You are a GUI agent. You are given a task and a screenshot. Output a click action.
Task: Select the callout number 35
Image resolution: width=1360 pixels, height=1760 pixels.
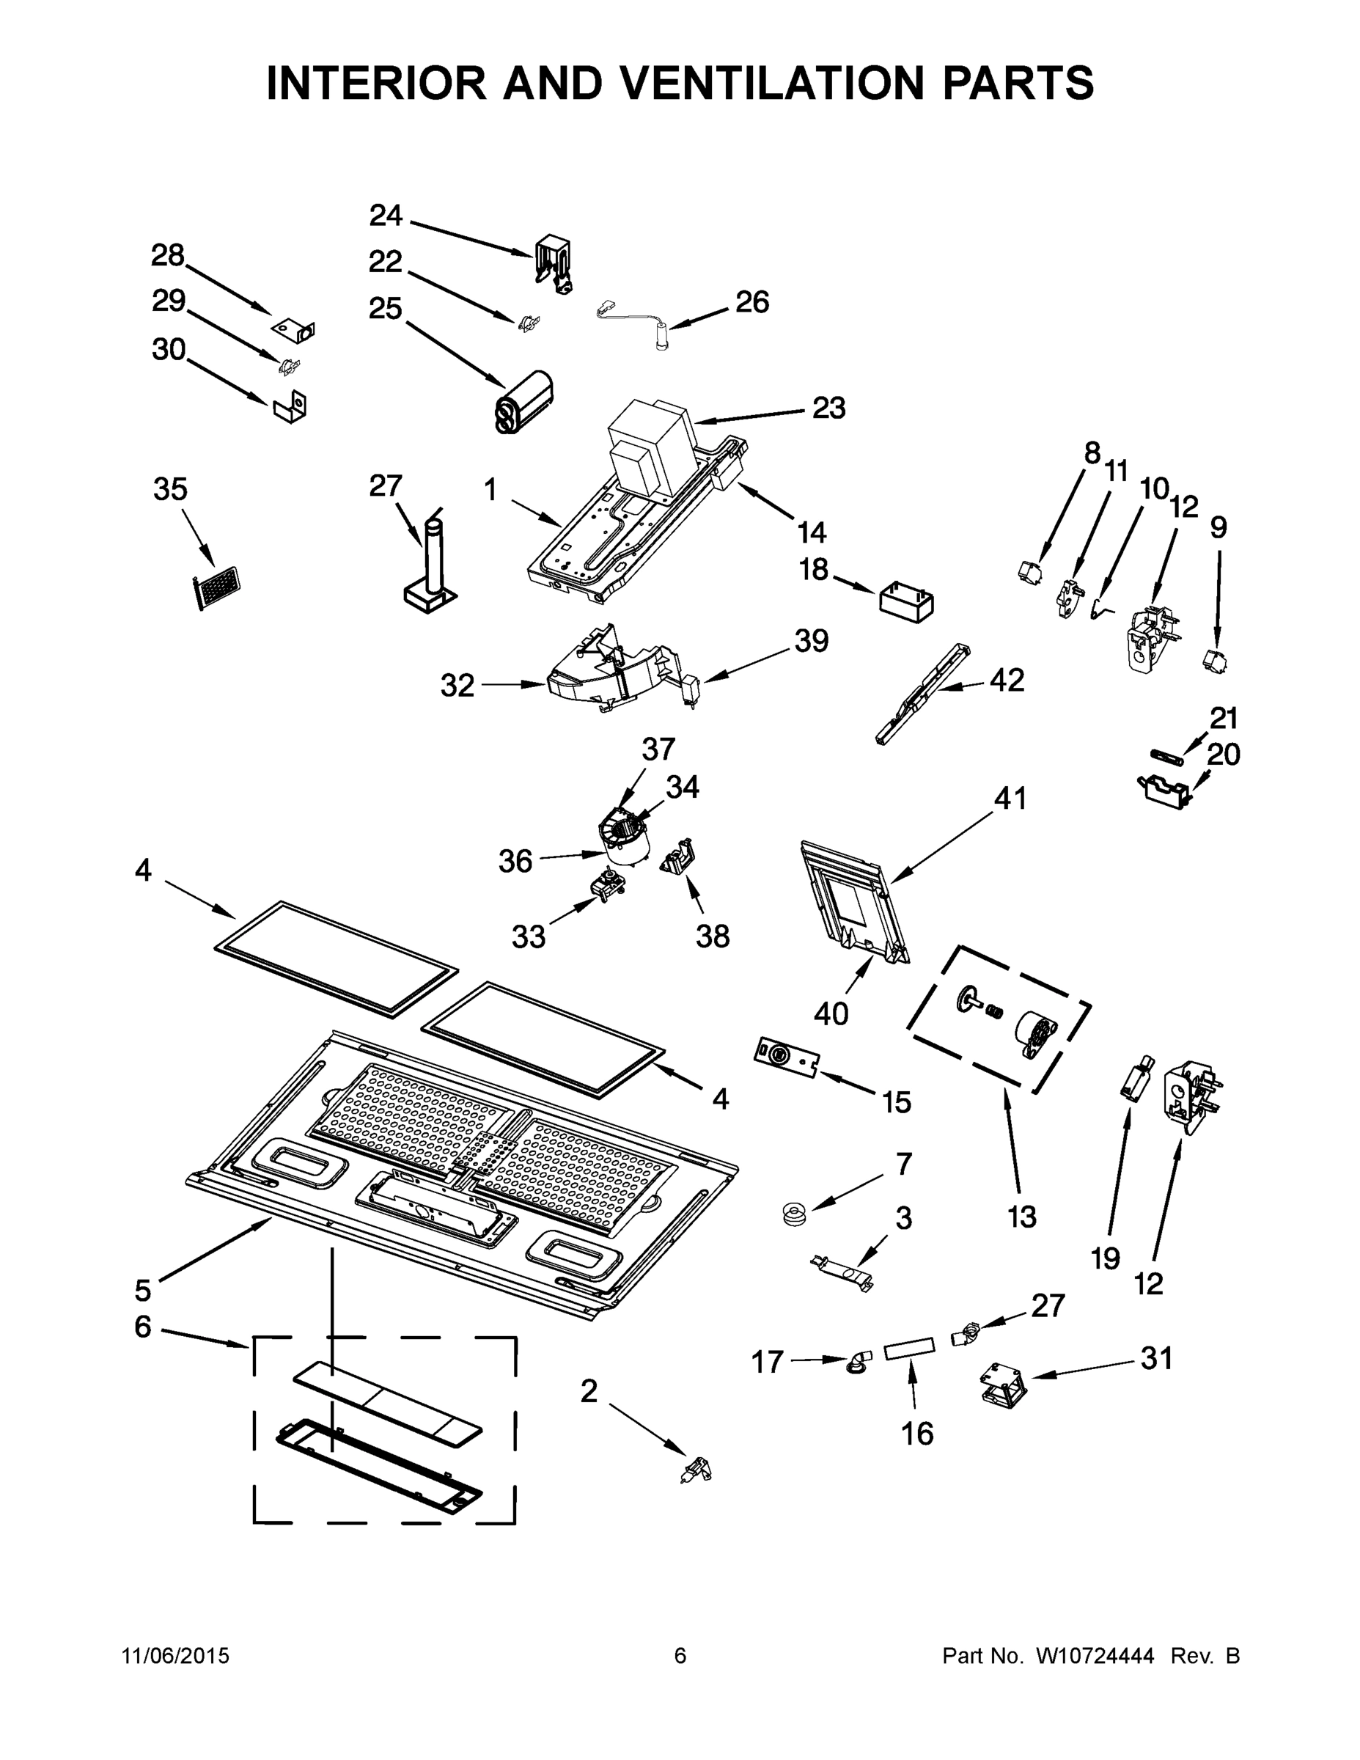pos(170,489)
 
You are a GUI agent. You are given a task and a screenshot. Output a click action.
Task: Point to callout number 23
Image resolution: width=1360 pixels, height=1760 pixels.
pos(828,408)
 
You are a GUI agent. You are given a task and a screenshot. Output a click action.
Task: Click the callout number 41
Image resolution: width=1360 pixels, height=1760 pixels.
pos(1010,799)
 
